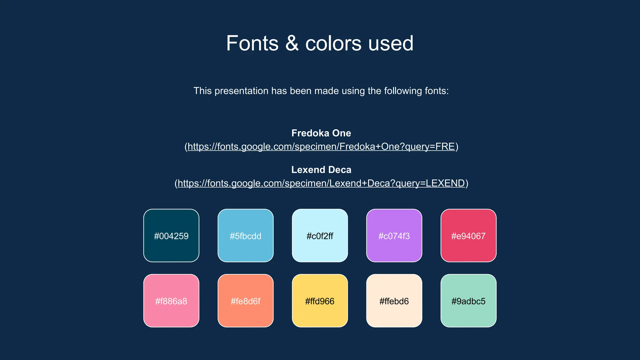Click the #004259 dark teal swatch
tap(171, 235)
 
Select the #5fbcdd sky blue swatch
tap(246, 235)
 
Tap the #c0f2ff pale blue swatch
tap(320, 235)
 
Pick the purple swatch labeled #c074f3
tap(394, 235)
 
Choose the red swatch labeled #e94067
tap(468, 235)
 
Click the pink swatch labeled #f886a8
tap(171, 301)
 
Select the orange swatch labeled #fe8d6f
tap(246, 301)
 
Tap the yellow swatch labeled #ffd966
tap(320, 301)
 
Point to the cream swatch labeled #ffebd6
tap(394, 301)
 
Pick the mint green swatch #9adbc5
tap(468, 301)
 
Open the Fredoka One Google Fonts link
tap(321, 147)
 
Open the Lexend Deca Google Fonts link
tap(321, 183)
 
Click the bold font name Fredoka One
tap(321, 133)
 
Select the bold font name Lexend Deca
tap(321, 170)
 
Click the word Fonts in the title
tap(252, 43)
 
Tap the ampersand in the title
tap(292, 43)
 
